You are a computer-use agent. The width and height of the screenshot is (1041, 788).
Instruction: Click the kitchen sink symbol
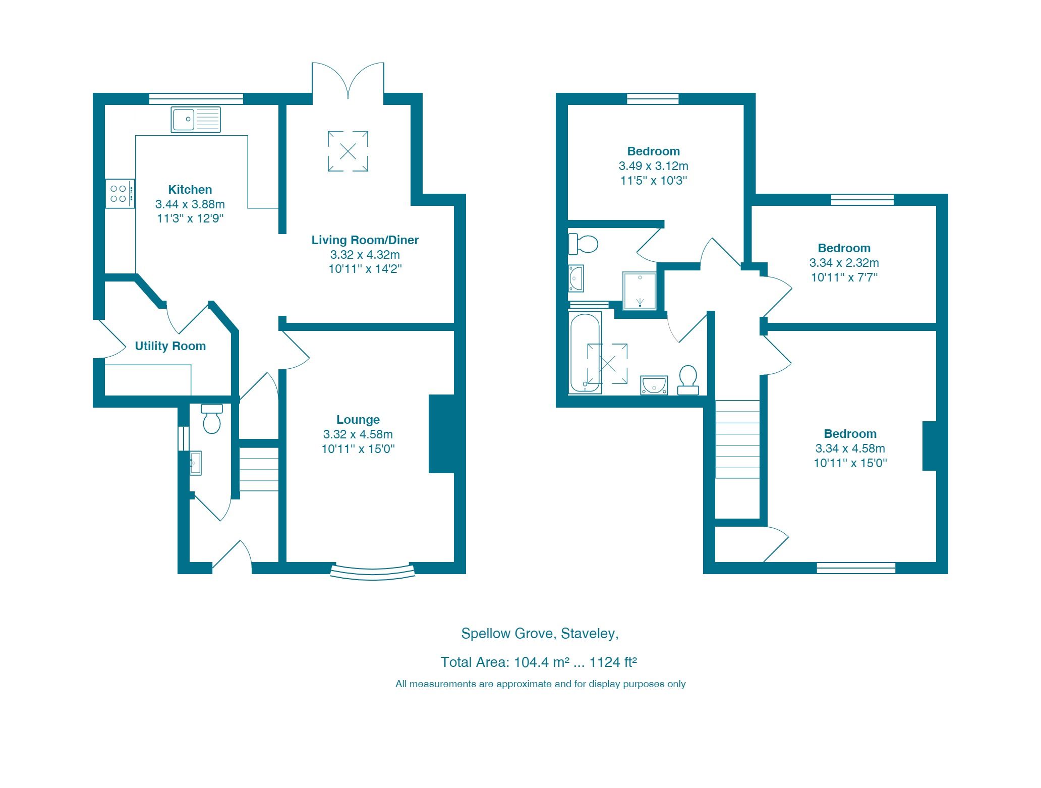click(196, 120)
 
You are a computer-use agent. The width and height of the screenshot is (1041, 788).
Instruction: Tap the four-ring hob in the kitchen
click(120, 194)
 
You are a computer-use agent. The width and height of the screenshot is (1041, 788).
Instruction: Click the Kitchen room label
click(190, 190)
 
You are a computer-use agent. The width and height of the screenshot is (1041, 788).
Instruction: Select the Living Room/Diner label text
click(365, 240)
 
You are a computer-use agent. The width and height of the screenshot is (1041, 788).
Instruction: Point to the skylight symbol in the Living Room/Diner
click(348, 151)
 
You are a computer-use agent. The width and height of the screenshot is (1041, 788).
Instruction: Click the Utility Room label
click(170, 346)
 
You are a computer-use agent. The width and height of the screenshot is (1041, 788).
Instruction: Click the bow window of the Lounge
click(373, 572)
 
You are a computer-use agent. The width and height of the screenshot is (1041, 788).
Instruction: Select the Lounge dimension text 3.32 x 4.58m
click(358, 434)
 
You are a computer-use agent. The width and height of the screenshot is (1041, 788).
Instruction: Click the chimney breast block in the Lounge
click(441, 434)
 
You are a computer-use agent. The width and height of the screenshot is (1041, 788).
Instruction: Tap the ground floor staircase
click(259, 469)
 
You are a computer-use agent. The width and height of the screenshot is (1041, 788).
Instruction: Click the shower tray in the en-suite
click(640, 291)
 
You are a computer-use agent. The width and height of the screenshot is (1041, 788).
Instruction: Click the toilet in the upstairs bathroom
click(688, 380)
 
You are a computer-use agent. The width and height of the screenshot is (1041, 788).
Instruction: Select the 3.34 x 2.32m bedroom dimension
click(844, 263)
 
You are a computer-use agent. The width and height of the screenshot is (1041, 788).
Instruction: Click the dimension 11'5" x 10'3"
click(653, 181)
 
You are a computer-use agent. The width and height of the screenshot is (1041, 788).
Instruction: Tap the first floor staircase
click(737, 439)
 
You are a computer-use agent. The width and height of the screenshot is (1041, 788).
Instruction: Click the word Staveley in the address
click(589, 634)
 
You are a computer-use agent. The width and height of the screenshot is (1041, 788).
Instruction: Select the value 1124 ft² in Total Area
click(613, 662)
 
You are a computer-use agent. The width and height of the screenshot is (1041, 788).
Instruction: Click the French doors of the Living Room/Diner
click(348, 81)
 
